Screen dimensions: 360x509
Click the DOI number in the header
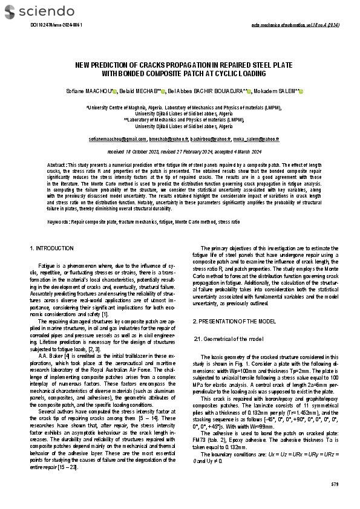pos(56,25)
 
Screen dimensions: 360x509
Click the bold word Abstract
pos(57,165)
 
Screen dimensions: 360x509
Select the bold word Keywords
pos(58,222)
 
